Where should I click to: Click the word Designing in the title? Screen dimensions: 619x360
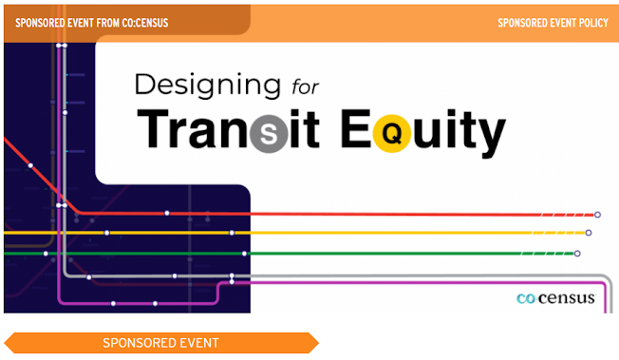[x=208, y=86]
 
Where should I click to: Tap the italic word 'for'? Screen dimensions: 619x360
[x=305, y=87]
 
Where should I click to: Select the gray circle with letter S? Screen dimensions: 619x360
[x=269, y=134]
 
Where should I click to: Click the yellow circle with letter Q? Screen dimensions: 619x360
[x=392, y=134]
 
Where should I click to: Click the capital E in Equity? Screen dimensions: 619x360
[x=356, y=129]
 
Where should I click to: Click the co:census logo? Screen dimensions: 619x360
[x=555, y=298]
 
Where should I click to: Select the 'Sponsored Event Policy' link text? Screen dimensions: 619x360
[x=553, y=23]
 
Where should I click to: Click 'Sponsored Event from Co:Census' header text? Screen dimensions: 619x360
[x=91, y=23]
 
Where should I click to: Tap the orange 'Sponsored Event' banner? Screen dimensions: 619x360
[x=161, y=343]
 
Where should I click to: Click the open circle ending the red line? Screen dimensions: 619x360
[x=597, y=215]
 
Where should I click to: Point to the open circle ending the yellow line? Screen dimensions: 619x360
[x=589, y=233]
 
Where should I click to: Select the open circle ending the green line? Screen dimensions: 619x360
[x=577, y=254]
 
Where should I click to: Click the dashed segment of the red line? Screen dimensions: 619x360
[x=568, y=215]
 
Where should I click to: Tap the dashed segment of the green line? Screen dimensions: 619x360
[x=548, y=254]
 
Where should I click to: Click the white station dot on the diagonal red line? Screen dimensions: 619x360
[x=30, y=165]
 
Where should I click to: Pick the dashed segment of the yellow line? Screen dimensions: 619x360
[x=558, y=233]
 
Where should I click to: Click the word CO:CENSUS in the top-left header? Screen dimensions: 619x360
[x=145, y=23]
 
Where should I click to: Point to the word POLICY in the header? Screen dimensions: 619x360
[x=593, y=23]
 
